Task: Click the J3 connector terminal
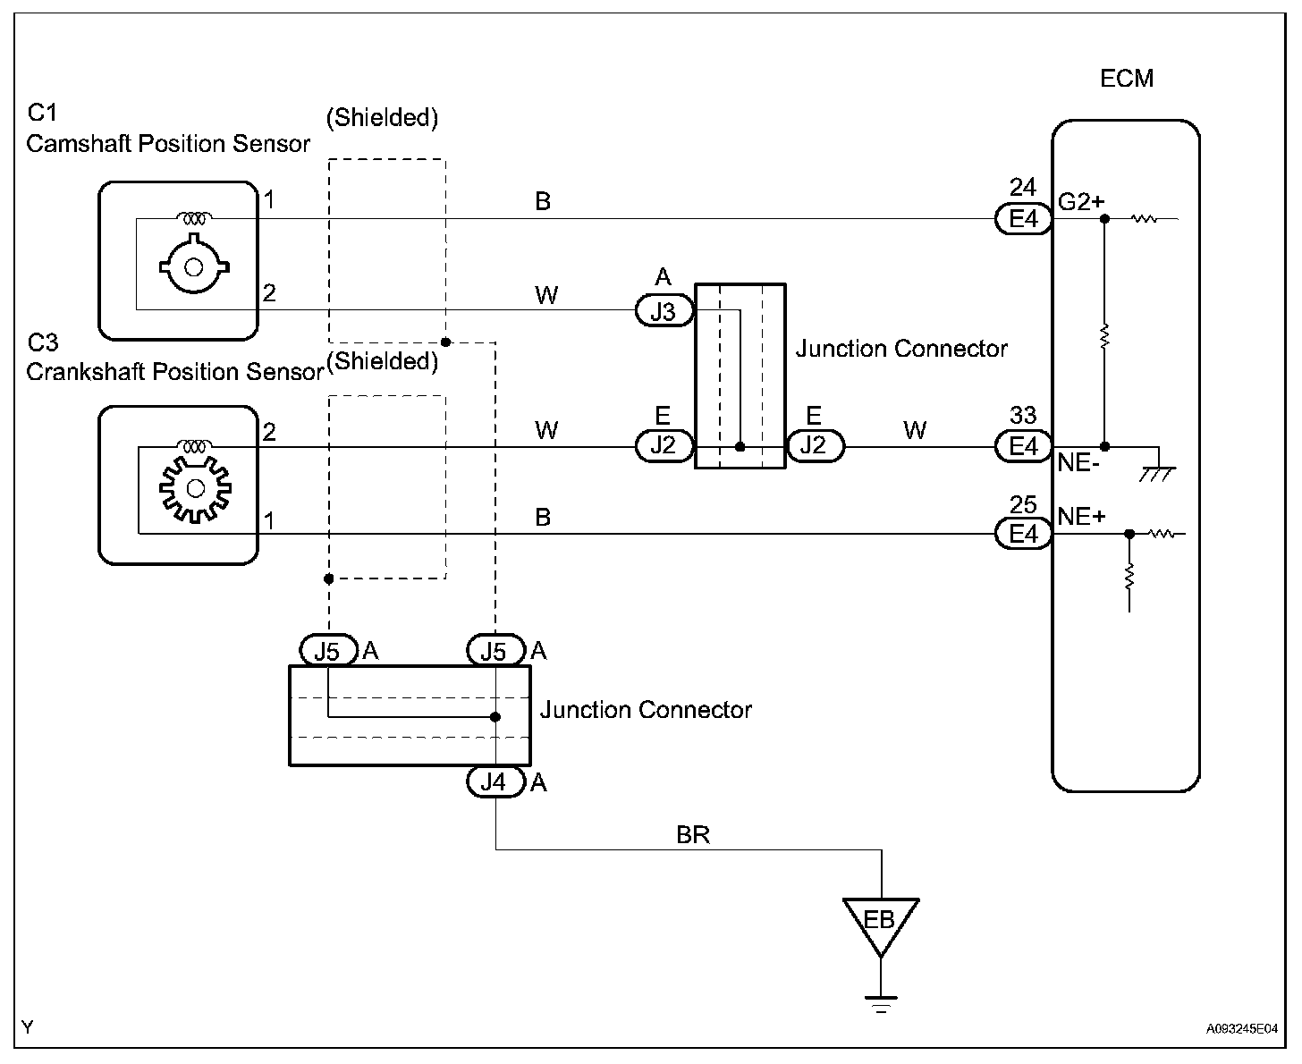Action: [x=664, y=310]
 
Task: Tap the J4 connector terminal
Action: [x=494, y=782]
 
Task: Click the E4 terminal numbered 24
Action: [x=1023, y=219]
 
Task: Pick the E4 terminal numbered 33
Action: [x=1023, y=446]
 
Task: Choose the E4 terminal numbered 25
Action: [x=1023, y=534]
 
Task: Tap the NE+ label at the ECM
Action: [x=1081, y=516]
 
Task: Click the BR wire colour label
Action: [x=693, y=835]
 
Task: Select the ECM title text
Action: [x=1127, y=79]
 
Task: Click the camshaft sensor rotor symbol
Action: [x=193, y=265]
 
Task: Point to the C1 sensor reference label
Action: [x=42, y=113]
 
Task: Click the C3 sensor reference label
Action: [x=42, y=342]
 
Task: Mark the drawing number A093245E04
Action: [x=1241, y=1029]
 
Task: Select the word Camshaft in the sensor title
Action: [x=80, y=144]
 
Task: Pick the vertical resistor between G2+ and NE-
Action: [x=1104, y=336]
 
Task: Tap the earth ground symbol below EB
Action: [x=881, y=1003]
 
